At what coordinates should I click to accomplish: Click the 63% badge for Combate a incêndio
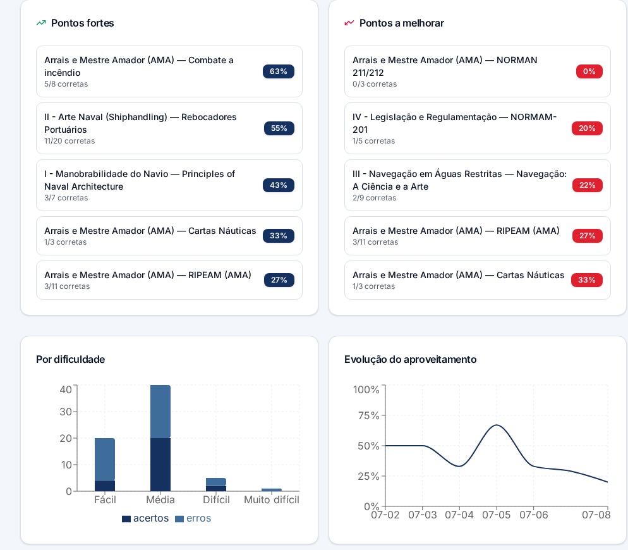279,71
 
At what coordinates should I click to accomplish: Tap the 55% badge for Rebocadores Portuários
279,128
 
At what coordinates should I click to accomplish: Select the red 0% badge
589,71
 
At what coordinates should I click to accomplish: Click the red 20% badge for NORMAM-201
587,128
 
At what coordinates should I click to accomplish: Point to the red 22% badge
588,185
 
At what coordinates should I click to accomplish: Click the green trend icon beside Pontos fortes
41,23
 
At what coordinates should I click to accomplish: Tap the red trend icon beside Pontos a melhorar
349,23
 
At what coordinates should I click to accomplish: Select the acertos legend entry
145,518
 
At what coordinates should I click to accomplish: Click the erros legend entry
193,518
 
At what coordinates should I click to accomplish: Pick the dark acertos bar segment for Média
160,465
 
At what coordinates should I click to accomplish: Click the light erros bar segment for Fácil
105,460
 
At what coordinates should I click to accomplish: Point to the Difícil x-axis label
216,500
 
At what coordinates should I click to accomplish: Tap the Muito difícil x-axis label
272,500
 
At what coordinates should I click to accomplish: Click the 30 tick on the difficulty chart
66,412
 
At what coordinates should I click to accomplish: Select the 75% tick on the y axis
368,415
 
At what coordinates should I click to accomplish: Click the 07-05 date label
496,515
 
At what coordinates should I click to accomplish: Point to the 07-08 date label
596,515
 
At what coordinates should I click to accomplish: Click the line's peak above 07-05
497,425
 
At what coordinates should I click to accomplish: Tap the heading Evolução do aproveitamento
411,359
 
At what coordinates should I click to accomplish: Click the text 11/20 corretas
69,141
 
